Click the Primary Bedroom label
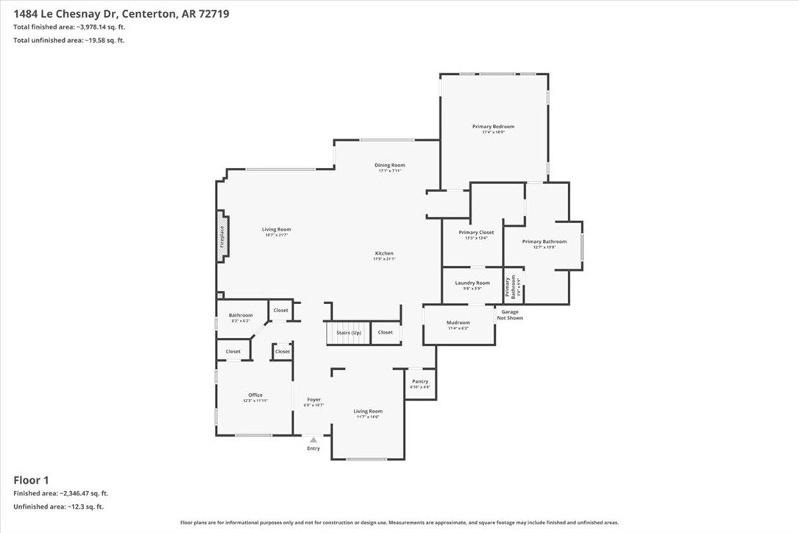493,127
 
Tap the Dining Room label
391,166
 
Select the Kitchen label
383,254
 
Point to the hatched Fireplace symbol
221,237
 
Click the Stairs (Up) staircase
349,333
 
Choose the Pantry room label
419,381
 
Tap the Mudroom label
458,322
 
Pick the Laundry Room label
472,283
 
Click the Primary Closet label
476,233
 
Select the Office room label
255,395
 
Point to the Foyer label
313,400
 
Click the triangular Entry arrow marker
313,440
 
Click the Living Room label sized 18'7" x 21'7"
277,230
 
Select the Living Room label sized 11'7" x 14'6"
368,412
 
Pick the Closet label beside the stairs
386,333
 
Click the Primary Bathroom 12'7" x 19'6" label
544,241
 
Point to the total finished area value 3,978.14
97,27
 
